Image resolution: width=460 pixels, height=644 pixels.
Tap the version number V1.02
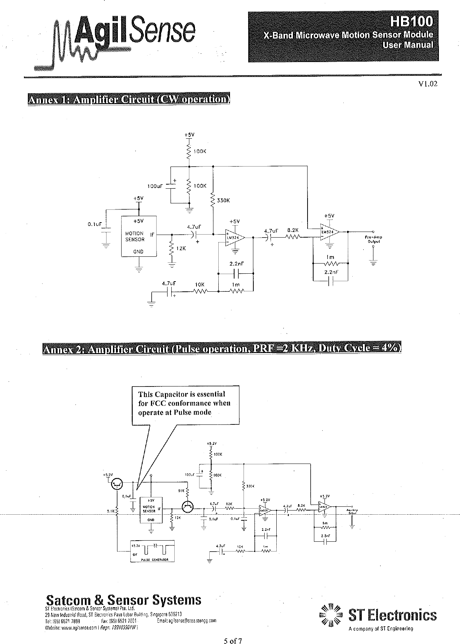click(428, 84)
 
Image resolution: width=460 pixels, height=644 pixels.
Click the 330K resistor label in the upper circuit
click(223, 200)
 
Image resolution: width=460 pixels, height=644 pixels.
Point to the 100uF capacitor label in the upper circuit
click(155, 186)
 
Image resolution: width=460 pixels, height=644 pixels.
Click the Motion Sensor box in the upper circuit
click(139, 236)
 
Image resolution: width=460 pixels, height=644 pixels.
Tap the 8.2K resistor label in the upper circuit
click(293, 230)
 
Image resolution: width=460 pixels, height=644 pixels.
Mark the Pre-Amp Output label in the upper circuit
click(373, 239)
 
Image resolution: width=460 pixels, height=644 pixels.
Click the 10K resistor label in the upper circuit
click(200, 285)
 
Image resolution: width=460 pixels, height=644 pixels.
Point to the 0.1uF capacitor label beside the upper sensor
click(94, 224)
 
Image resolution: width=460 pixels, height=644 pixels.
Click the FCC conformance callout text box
click(186, 404)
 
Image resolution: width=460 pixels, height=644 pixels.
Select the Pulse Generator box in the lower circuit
click(152, 551)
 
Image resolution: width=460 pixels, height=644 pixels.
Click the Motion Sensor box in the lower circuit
click(151, 510)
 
